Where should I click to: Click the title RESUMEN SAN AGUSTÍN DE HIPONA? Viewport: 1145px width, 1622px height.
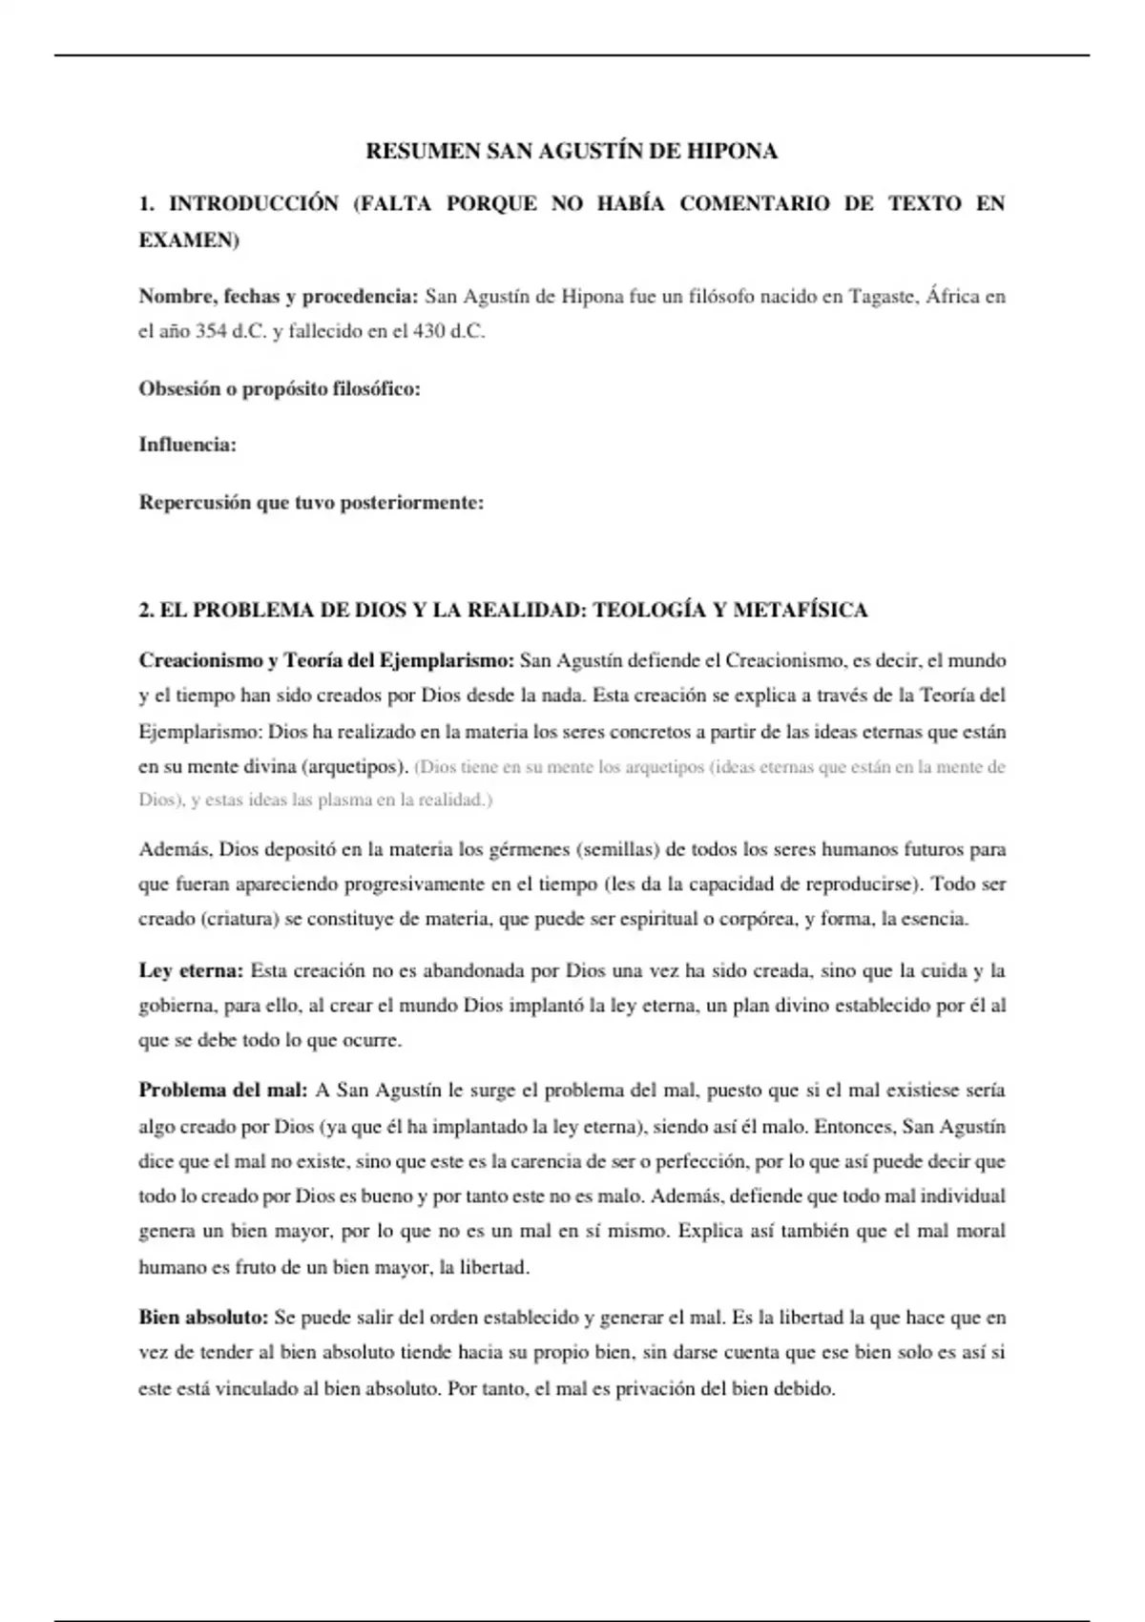tap(572, 151)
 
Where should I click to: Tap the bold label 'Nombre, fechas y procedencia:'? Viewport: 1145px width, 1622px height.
tap(279, 297)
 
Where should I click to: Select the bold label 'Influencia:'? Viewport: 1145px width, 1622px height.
tap(188, 445)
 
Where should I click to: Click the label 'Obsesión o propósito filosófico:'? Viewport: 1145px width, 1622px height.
tap(280, 388)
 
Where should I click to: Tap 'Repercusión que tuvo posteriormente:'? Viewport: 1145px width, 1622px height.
tap(311, 502)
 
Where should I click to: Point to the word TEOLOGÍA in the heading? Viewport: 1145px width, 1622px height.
tap(649, 611)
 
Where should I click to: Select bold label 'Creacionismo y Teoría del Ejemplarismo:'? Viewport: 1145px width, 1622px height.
tap(326, 660)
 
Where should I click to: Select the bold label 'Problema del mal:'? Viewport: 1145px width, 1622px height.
tap(223, 1091)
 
